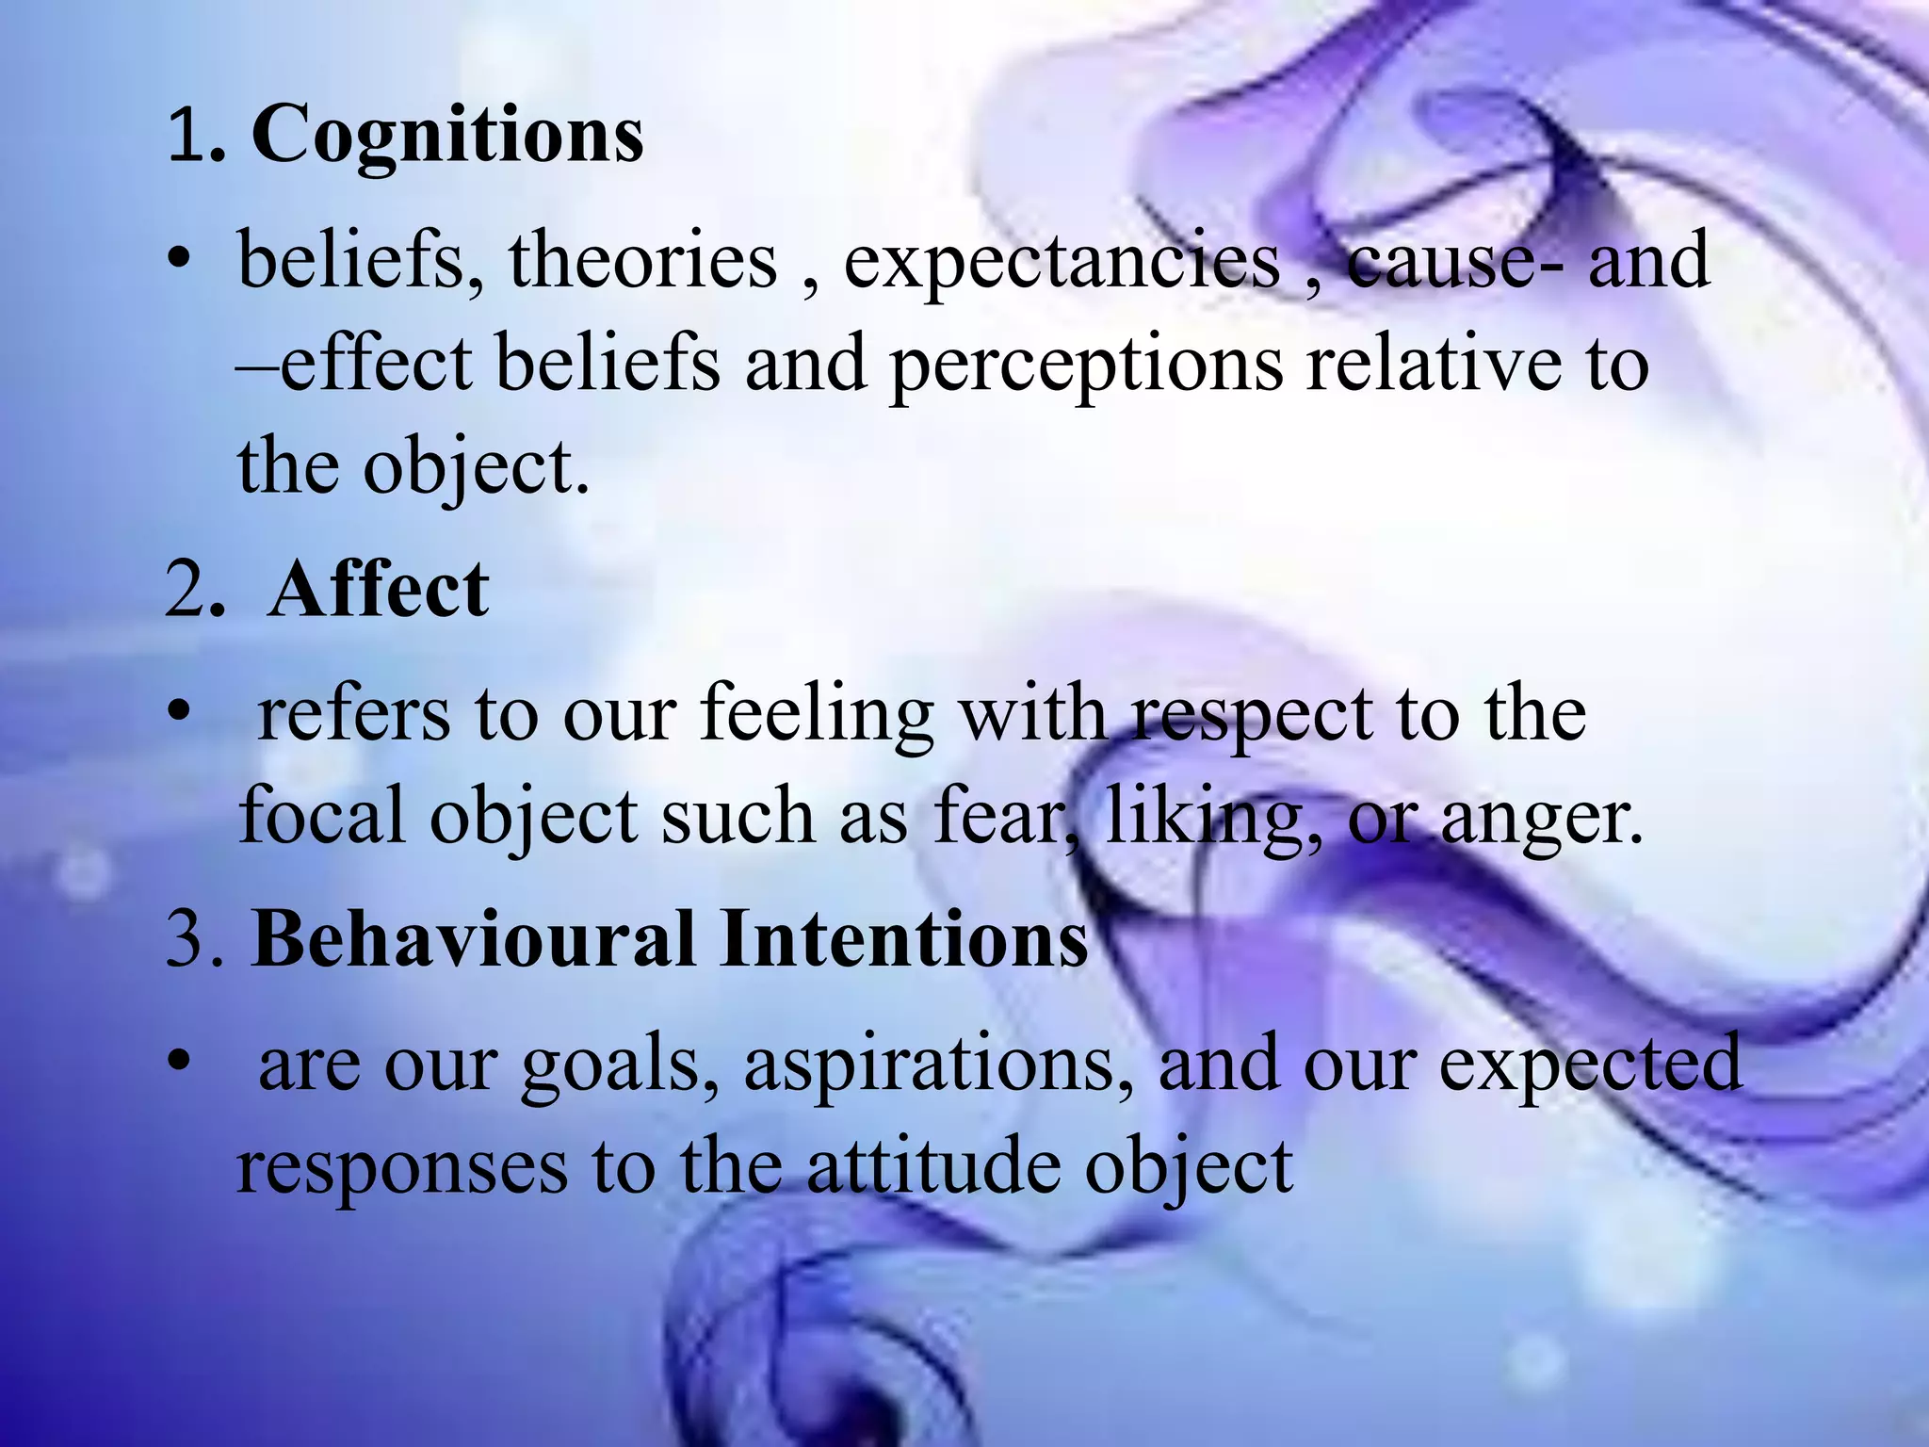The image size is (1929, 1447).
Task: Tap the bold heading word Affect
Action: [379, 591]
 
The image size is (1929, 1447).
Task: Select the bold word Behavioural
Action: [474, 939]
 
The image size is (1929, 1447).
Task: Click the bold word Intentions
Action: [904, 939]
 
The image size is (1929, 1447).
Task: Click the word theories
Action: [643, 260]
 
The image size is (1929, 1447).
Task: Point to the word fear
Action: [999, 817]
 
